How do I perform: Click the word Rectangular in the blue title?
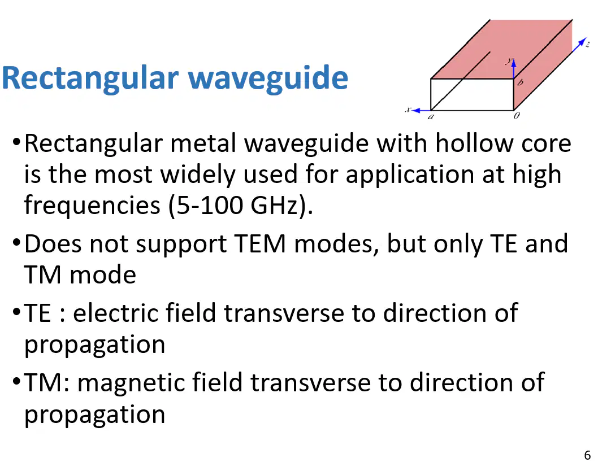(90, 79)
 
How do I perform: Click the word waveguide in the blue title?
(268, 79)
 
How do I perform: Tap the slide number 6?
(587, 455)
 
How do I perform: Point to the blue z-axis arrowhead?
(582, 42)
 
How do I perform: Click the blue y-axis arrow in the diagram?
(514, 68)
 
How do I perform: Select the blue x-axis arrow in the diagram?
(421, 111)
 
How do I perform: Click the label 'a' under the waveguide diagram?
(431, 116)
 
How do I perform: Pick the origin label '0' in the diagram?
(516, 115)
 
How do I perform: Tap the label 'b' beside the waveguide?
(520, 82)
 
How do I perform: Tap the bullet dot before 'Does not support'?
(16, 242)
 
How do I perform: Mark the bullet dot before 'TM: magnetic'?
(16, 381)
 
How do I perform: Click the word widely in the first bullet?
(198, 174)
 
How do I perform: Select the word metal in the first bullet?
(203, 143)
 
